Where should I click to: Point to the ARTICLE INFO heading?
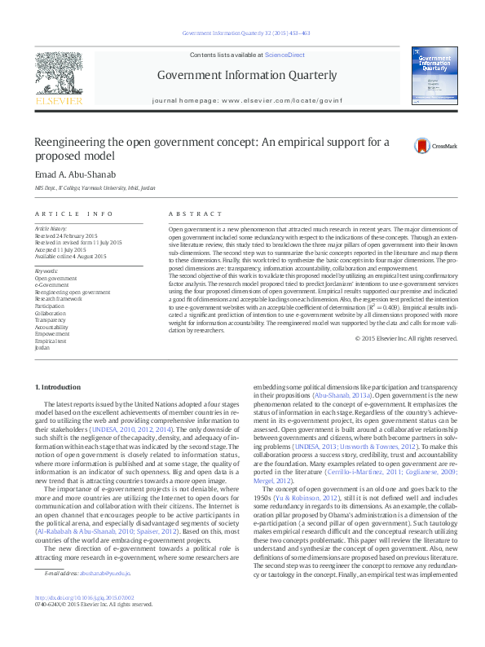(73, 213)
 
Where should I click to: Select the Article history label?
(51, 229)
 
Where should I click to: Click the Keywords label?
(46, 271)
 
